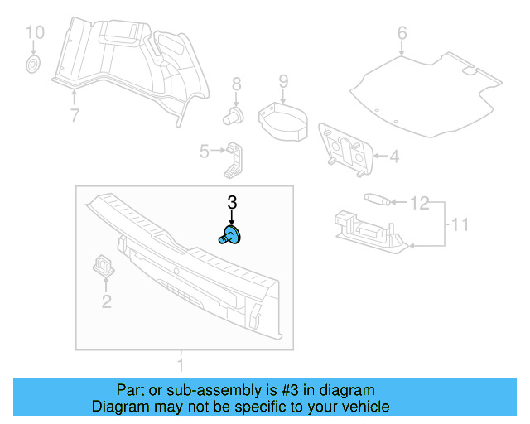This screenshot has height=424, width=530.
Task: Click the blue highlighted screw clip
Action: (231, 236)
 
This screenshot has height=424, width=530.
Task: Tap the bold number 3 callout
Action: (232, 202)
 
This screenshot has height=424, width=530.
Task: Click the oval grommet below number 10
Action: (34, 64)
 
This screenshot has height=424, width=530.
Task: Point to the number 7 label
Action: (75, 115)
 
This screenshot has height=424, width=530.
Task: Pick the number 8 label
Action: (236, 84)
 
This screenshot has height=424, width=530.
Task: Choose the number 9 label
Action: (283, 81)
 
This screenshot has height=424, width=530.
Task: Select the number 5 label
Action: (204, 151)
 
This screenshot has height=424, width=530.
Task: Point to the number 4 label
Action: (394, 155)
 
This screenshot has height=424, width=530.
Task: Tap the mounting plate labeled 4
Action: (345, 149)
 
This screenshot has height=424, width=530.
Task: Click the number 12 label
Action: (420, 202)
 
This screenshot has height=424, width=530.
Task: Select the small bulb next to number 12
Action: (377, 200)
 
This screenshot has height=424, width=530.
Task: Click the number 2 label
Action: (106, 301)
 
